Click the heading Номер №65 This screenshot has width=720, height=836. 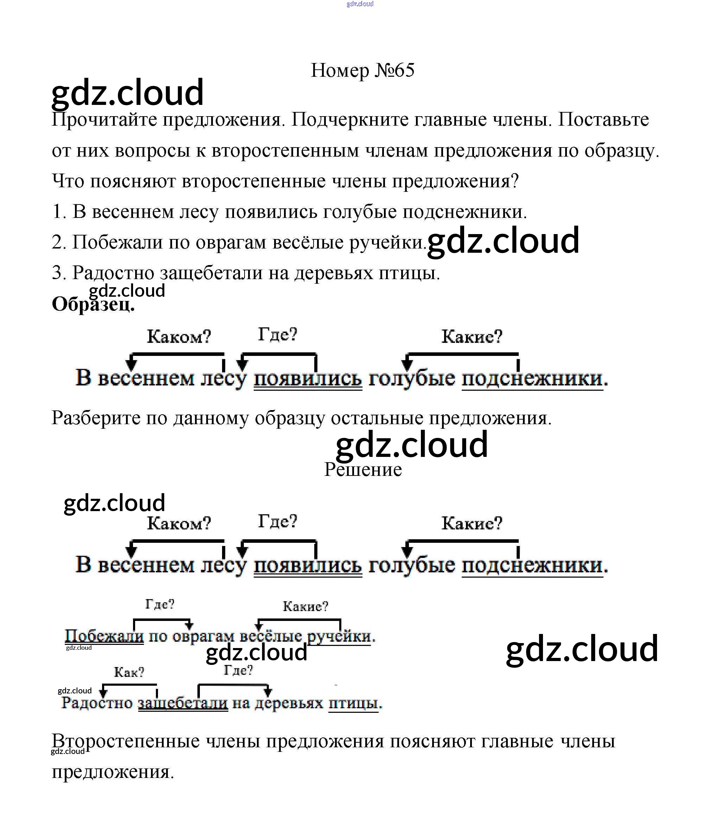coord(362,71)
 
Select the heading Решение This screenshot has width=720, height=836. coord(362,470)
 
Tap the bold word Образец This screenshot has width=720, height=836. coord(93,304)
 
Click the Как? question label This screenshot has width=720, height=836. coord(129,672)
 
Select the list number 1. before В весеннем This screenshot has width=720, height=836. coord(59,212)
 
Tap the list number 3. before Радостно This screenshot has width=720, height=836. coord(59,273)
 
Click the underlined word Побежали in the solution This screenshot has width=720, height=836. coord(104,636)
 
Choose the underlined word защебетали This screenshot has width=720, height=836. coord(183,703)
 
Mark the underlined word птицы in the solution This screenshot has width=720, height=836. coord(353,703)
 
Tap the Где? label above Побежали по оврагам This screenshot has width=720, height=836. coord(160,604)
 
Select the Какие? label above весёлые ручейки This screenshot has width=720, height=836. coord(305,606)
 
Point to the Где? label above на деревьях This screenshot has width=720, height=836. coord(238,670)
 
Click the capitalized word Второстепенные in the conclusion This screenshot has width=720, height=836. coord(126,742)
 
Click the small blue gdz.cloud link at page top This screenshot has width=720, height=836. coord(360,4)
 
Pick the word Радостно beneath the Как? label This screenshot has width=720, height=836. coord(97,703)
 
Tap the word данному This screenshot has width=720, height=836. coord(211,418)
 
